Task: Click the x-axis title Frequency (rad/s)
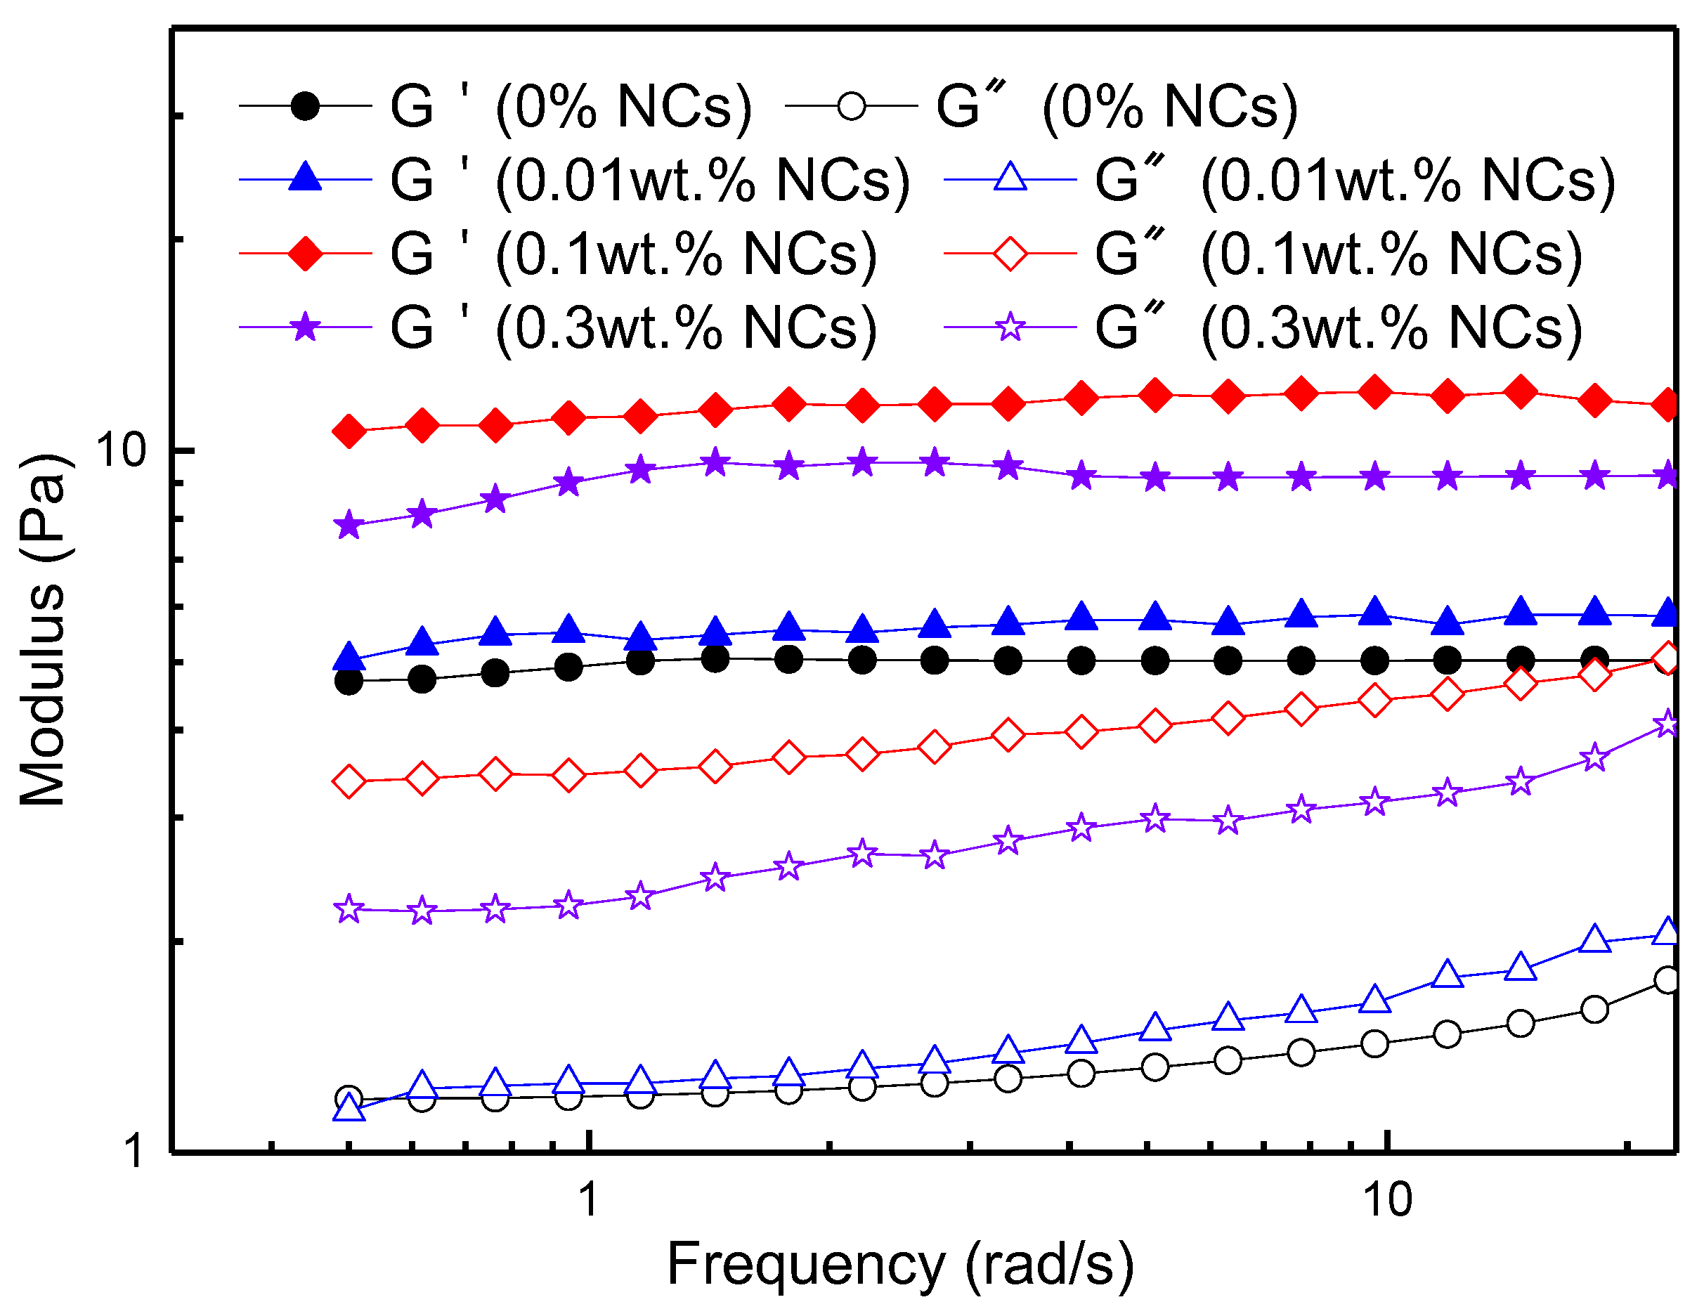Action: click(x=900, y=1264)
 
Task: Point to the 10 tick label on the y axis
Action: click(x=121, y=450)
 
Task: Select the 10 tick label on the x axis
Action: click(x=1388, y=1200)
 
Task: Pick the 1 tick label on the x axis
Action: click(x=589, y=1200)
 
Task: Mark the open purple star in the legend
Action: click(x=1010, y=327)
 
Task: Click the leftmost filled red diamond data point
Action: click(x=350, y=431)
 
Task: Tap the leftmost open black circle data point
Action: click(x=350, y=1100)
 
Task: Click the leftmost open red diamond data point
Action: click(x=350, y=781)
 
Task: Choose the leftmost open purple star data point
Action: click(x=350, y=909)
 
